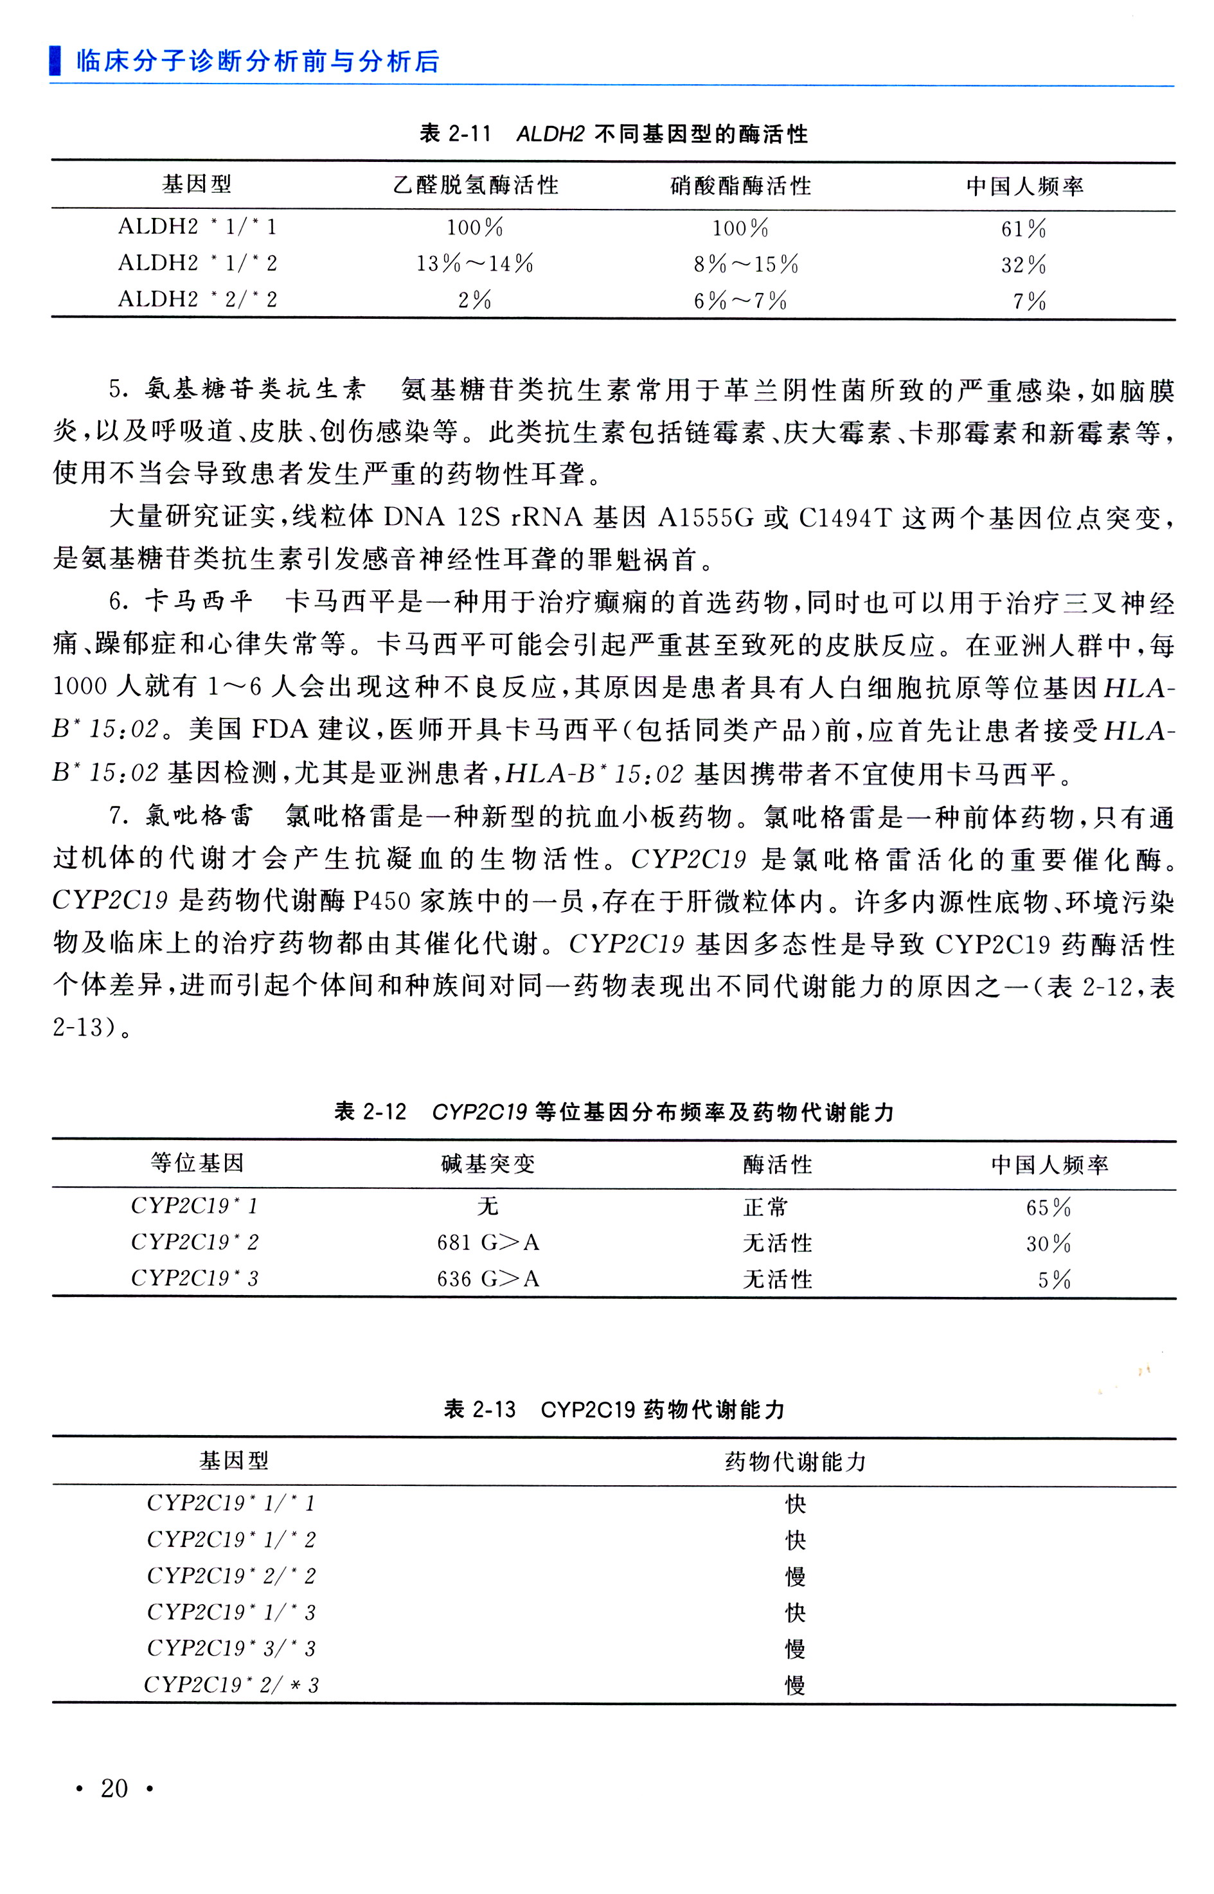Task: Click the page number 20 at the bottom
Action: (x=114, y=1789)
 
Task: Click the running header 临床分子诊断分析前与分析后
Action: (x=257, y=62)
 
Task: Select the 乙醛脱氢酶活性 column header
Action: (x=476, y=186)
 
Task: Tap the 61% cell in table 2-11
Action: (x=1023, y=229)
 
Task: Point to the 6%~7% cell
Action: (x=740, y=300)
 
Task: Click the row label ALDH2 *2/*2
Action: (x=197, y=299)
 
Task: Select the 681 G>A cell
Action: (x=488, y=1243)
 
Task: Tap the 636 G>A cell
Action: (x=488, y=1278)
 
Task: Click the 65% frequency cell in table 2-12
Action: (x=1048, y=1208)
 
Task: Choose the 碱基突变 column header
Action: (x=488, y=1164)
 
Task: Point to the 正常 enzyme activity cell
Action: (x=765, y=1208)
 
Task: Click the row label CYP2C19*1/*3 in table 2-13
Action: (x=231, y=1613)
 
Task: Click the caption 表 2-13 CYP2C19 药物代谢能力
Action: (x=614, y=1409)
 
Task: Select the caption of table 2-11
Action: (x=614, y=134)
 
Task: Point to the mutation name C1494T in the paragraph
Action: (x=845, y=518)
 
